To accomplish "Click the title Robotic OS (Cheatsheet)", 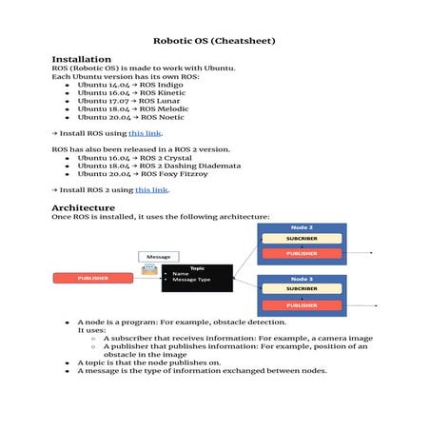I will [x=214, y=41].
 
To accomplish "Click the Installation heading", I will [x=81, y=59].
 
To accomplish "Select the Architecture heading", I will [x=84, y=206].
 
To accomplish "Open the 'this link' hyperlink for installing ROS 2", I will [x=152, y=190].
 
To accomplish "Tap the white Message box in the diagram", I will [x=158, y=257].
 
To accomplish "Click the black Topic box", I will [x=197, y=277].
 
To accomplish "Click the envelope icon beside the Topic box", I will [x=149, y=272].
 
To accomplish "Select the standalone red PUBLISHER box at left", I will [x=92, y=278].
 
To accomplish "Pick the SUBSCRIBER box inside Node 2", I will [x=302, y=239].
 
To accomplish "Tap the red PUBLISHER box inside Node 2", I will [x=302, y=254].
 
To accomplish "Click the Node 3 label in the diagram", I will [x=302, y=279].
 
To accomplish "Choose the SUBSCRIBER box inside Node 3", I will [x=302, y=289].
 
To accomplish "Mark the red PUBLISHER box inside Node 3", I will [x=302, y=304].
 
